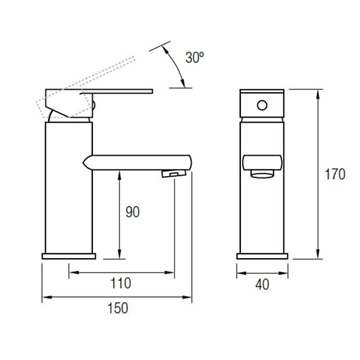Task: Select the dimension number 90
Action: (x=132, y=213)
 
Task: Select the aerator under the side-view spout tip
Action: (x=173, y=176)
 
